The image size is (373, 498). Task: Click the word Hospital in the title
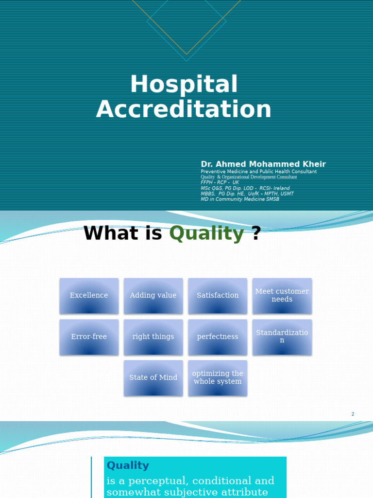[x=184, y=85]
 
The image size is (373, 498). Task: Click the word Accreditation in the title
[x=184, y=109]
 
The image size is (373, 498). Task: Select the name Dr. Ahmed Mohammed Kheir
[x=263, y=164]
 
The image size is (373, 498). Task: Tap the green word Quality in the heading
[x=206, y=233]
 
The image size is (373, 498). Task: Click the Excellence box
[x=89, y=296]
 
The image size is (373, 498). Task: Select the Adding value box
[x=153, y=296]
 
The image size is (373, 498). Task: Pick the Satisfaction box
[x=218, y=296]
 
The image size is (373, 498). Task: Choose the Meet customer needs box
[x=282, y=296]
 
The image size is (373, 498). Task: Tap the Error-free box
[x=89, y=337]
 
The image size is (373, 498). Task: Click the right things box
[x=153, y=337]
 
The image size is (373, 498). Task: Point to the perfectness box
[x=218, y=337]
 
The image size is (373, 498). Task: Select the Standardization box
[x=282, y=337]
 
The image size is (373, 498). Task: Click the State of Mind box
[x=153, y=378]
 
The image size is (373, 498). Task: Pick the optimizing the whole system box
[x=218, y=378]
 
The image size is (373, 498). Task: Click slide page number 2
[x=353, y=414]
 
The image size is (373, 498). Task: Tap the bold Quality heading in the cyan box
[x=128, y=465]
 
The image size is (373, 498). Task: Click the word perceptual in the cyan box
[x=155, y=481]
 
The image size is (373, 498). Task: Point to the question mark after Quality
[x=256, y=233]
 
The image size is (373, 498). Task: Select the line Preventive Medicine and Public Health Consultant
[x=258, y=172]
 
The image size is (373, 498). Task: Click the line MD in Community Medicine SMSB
[x=240, y=199]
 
